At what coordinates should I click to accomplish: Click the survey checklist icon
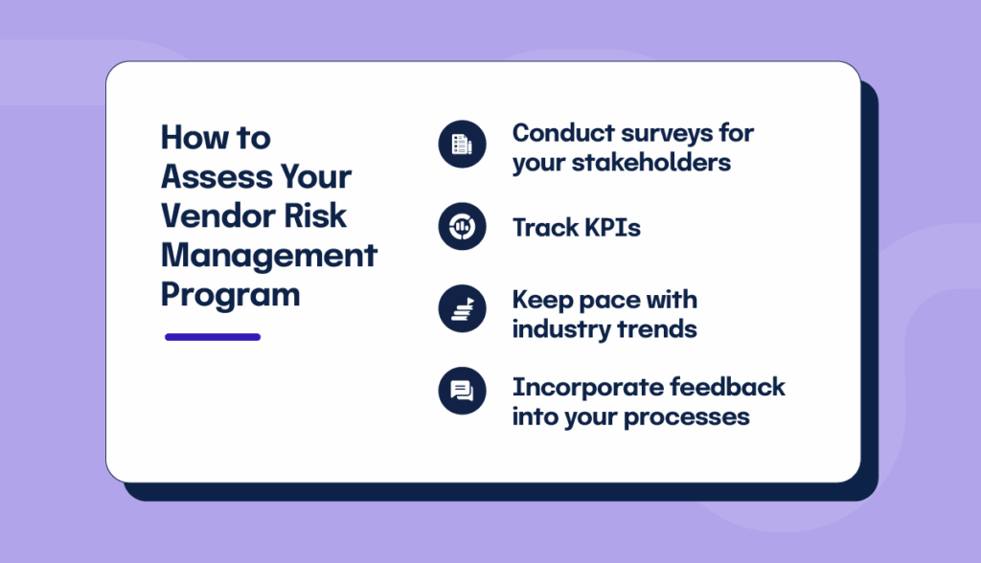463,145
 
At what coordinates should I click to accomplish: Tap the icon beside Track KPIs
463,227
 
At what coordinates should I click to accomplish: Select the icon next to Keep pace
463,309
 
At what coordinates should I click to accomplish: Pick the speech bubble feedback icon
463,391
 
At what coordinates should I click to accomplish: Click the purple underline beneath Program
213,337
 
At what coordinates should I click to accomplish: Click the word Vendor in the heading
209,216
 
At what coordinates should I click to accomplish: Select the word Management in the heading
269,256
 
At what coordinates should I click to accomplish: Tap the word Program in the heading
230,295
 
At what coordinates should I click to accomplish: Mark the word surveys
663,133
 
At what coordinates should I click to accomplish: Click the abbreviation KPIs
609,228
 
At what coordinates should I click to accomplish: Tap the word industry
558,329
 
